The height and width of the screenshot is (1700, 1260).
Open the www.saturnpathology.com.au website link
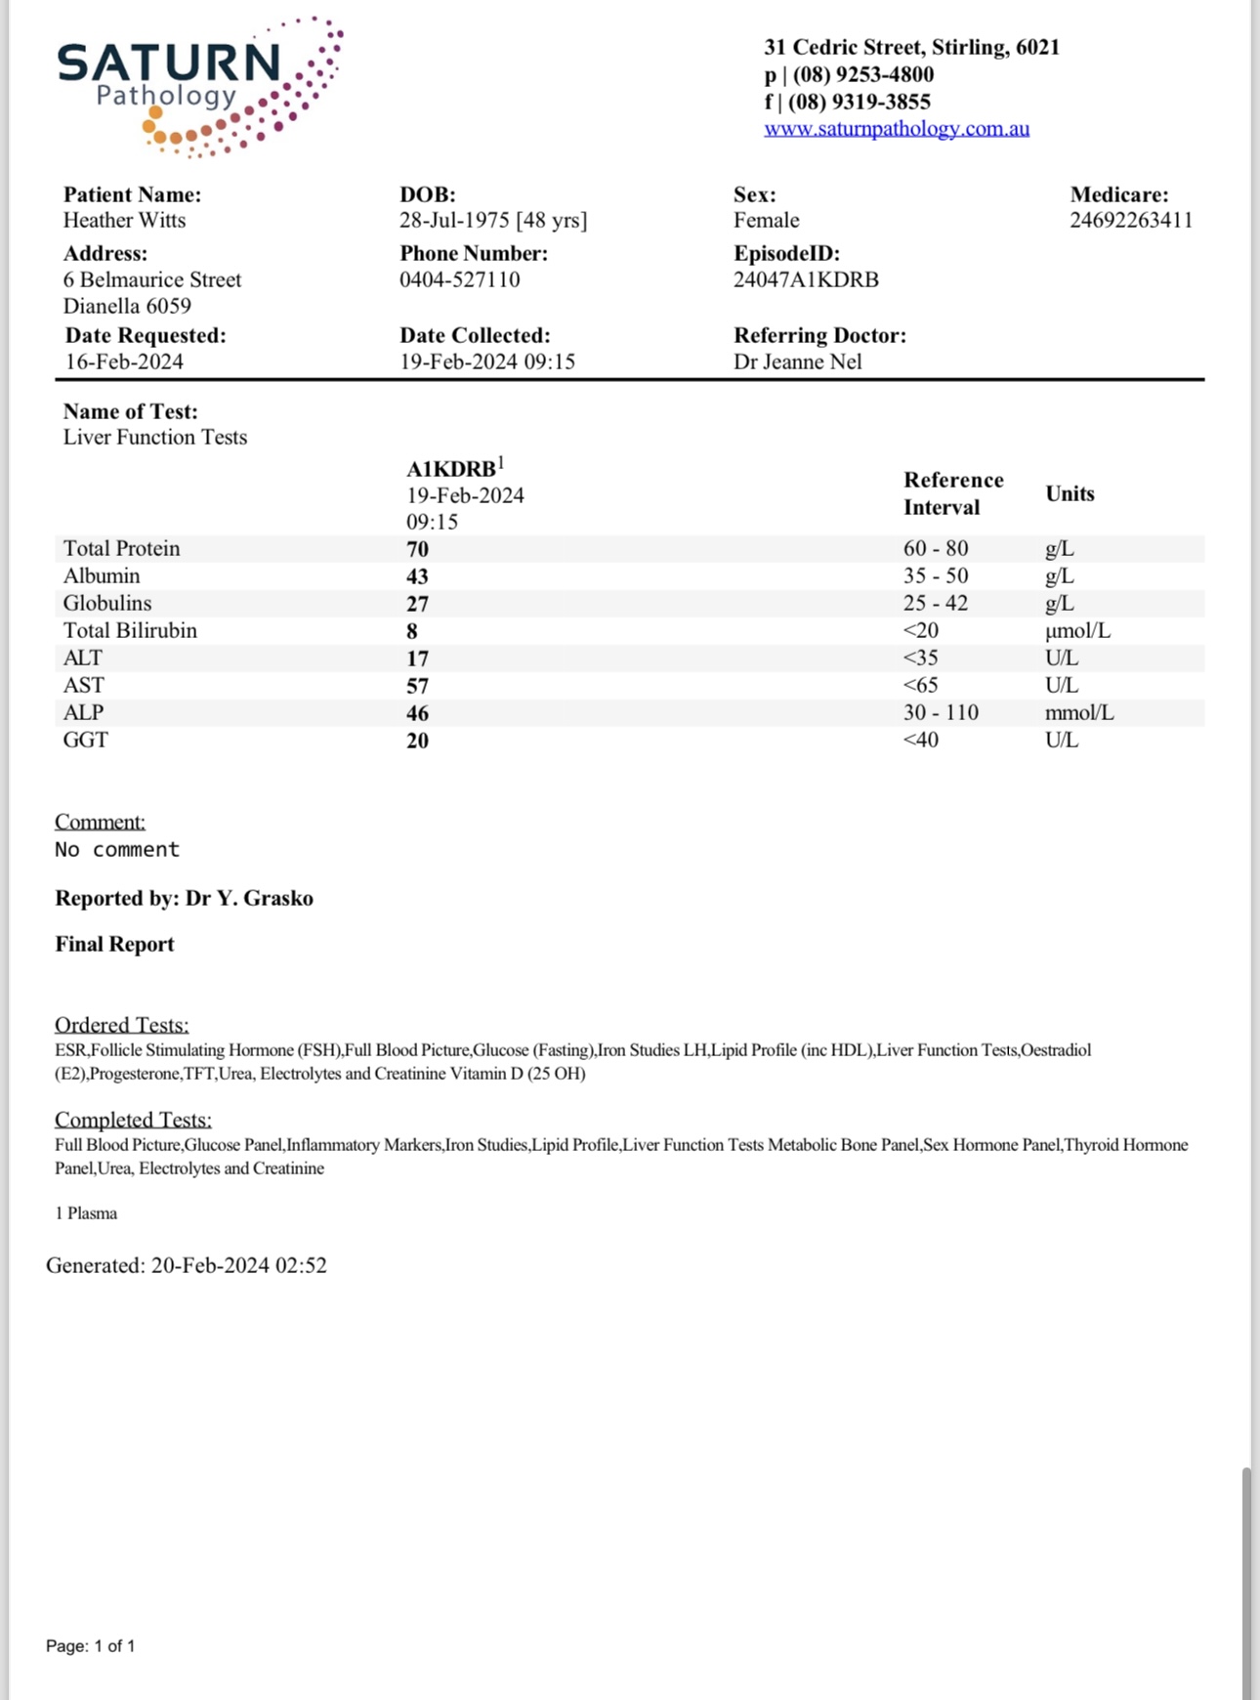coord(896,129)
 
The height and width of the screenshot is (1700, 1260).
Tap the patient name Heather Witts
coord(124,221)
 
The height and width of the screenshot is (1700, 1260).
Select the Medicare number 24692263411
coord(1130,221)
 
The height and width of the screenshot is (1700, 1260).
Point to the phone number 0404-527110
coord(459,280)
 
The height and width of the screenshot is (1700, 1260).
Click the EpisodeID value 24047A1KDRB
coord(806,280)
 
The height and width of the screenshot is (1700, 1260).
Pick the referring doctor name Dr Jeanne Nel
coord(797,362)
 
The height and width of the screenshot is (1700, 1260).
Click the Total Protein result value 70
coord(417,549)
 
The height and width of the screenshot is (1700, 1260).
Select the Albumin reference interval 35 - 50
coord(935,576)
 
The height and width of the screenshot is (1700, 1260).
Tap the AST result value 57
coord(417,686)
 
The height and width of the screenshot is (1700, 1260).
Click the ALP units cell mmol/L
coord(1078,713)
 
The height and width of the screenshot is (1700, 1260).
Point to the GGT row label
coord(86,741)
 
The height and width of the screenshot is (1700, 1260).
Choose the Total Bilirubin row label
coord(130,631)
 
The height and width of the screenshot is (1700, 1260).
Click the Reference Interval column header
coord(952,493)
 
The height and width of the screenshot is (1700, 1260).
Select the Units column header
coord(1070,493)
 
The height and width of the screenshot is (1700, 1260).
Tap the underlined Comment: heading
coord(100,822)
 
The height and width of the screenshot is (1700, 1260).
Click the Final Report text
coord(114,945)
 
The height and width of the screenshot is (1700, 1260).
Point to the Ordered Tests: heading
coord(121,1025)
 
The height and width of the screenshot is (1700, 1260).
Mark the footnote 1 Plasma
coord(86,1213)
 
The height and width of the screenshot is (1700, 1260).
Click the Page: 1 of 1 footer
coord(90,1646)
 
